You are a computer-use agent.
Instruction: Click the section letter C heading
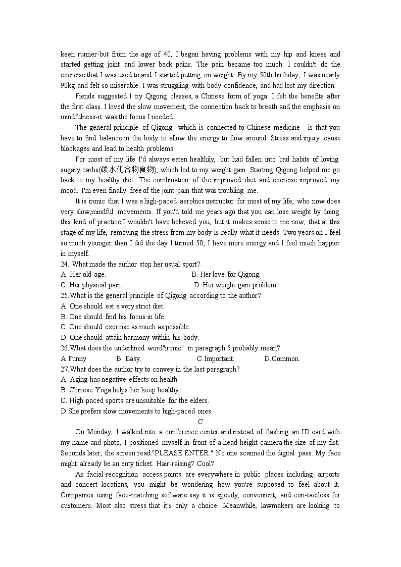[x=201, y=422]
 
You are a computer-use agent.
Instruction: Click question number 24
[x=65, y=264]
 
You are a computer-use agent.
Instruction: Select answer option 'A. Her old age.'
[x=83, y=275]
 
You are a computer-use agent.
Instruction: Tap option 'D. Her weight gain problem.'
[x=236, y=285]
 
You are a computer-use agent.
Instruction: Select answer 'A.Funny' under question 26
[x=74, y=359]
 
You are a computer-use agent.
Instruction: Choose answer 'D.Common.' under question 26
[x=282, y=359]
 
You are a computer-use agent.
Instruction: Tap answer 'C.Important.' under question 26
[x=216, y=359]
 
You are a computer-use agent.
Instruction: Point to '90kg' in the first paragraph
[x=68, y=85]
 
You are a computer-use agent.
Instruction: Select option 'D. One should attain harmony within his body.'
[x=130, y=338]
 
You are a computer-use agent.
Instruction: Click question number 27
[x=65, y=369]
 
